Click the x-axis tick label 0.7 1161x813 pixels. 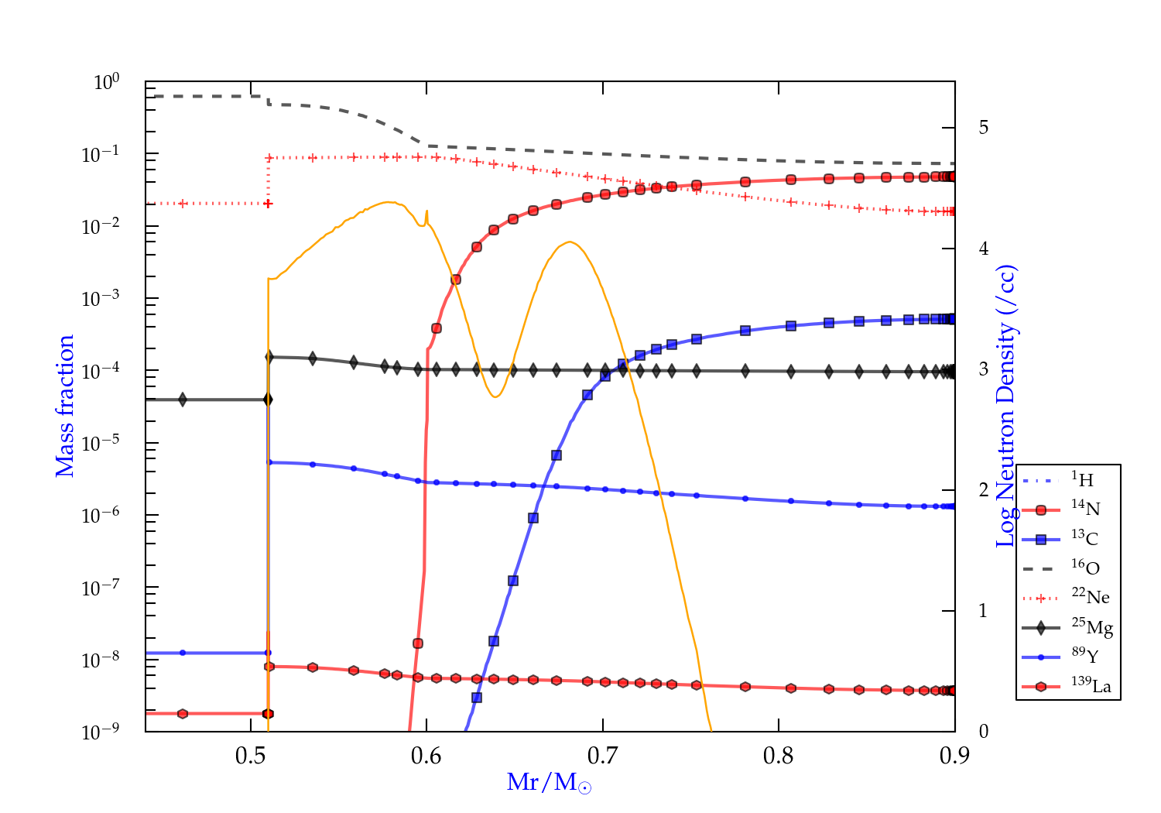tap(602, 756)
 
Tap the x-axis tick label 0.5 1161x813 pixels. tap(250, 756)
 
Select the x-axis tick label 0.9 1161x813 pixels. tap(954, 756)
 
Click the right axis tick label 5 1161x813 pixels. tap(984, 128)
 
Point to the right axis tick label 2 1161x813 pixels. tap(984, 490)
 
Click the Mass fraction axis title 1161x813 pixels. tap(65, 406)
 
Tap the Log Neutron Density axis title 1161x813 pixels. tap(1006, 406)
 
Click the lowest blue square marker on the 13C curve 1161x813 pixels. tap(477, 698)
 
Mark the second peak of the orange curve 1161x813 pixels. tap(570, 242)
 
